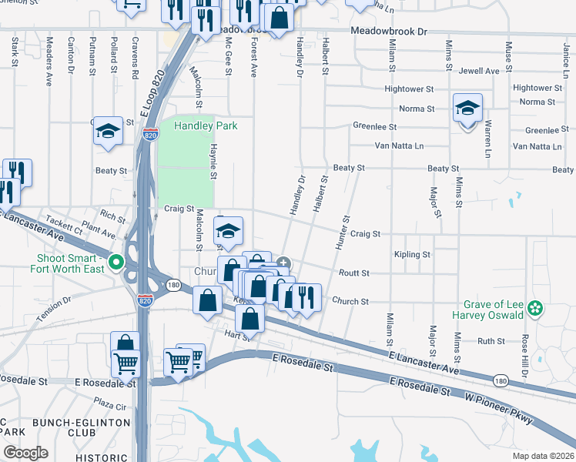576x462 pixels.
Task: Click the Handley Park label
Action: click(x=206, y=126)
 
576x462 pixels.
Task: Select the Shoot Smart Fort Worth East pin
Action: click(x=116, y=263)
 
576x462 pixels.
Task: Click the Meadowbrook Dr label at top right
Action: click(x=388, y=32)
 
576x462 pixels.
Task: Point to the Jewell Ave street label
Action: click(x=479, y=71)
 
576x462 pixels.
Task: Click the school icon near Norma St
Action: click(x=467, y=109)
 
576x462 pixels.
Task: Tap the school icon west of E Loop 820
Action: click(x=109, y=132)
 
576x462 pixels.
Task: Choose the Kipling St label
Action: click(x=411, y=254)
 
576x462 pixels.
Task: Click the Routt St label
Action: click(x=354, y=273)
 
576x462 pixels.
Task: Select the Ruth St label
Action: click(x=491, y=340)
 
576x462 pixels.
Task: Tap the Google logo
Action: click(x=25, y=452)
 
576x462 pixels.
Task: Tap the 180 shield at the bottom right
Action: click(x=500, y=380)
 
